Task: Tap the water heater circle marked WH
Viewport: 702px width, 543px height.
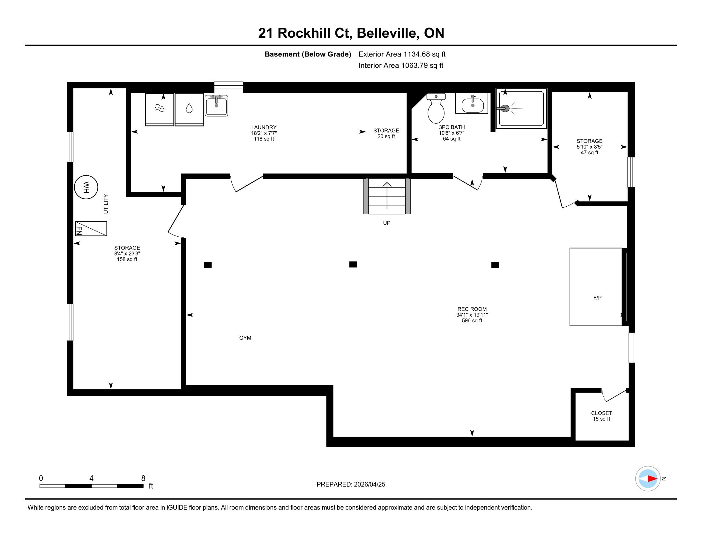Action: pyautogui.click(x=86, y=187)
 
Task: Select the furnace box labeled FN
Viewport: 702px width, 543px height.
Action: pyautogui.click(x=91, y=229)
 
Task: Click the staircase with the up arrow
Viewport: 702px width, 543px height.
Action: pyautogui.click(x=387, y=196)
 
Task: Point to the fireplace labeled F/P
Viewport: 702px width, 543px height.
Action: pyautogui.click(x=596, y=287)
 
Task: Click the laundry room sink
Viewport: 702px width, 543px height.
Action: pyautogui.click(x=216, y=105)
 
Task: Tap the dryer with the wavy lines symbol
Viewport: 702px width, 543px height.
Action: pyautogui.click(x=160, y=109)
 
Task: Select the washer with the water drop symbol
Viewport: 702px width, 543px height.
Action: pyautogui.click(x=189, y=109)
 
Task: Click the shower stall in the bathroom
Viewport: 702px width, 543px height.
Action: pyautogui.click(x=521, y=108)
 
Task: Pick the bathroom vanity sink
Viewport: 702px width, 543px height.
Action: pyautogui.click(x=472, y=103)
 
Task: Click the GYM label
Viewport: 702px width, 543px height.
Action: pyautogui.click(x=245, y=338)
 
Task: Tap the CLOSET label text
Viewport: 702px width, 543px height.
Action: pyautogui.click(x=602, y=413)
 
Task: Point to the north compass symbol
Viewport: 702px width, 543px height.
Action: pyautogui.click(x=648, y=479)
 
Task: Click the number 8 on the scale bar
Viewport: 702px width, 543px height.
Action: pyautogui.click(x=143, y=478)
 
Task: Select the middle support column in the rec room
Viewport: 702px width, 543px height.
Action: pyautogui.click(x=353, y=264)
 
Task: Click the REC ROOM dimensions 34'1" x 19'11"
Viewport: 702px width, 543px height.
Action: pyautogui.click(x=472, y=315)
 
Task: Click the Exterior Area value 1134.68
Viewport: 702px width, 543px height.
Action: pyautogui.click(x=416, y=54)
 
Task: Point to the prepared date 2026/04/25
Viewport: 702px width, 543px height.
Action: pyautogui.click(x=369, y=485)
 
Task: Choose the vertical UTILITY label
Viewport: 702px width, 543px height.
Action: pyautogui.click(x=106, y=204)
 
